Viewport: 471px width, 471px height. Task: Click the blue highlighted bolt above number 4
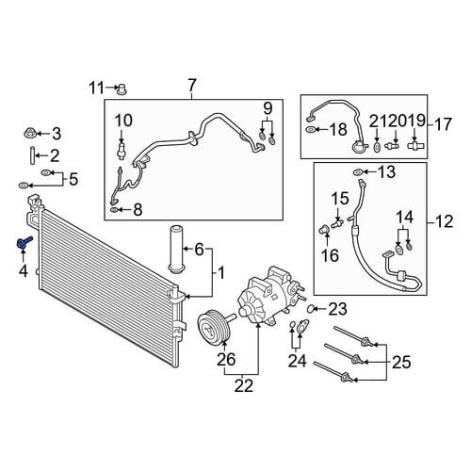[x=24, y=243]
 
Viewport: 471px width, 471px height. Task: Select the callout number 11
[x=96, y=88]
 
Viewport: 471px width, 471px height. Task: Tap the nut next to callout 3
[x=29, y=133]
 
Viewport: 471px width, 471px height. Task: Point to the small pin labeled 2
[x=32, y=155]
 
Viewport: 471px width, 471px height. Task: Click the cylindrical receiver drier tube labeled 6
[x=176, y=251]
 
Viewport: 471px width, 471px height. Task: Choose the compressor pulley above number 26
[x=215, y=327]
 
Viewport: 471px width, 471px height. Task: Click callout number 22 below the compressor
[x=243, y=385]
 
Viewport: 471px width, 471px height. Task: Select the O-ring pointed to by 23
[x=310, y=309]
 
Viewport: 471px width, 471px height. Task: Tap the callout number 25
[x=401, y=362]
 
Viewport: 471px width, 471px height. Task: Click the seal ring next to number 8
[x=114, y=209]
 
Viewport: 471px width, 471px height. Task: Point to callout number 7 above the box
[x=192, y=85]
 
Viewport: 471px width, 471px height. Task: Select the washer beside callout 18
[x=310, y=129]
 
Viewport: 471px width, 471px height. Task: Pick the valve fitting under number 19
[x=415, y=145]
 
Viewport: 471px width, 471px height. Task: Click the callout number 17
[x=443, y=124]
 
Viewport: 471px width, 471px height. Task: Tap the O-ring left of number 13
[x=358, y=171]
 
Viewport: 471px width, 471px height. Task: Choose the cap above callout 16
[x=323, y=230]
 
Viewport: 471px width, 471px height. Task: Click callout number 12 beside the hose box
[x=444, y=221]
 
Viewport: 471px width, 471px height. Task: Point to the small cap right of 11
[x=121, y=89]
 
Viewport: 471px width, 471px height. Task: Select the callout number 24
[x=297, y=361]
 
